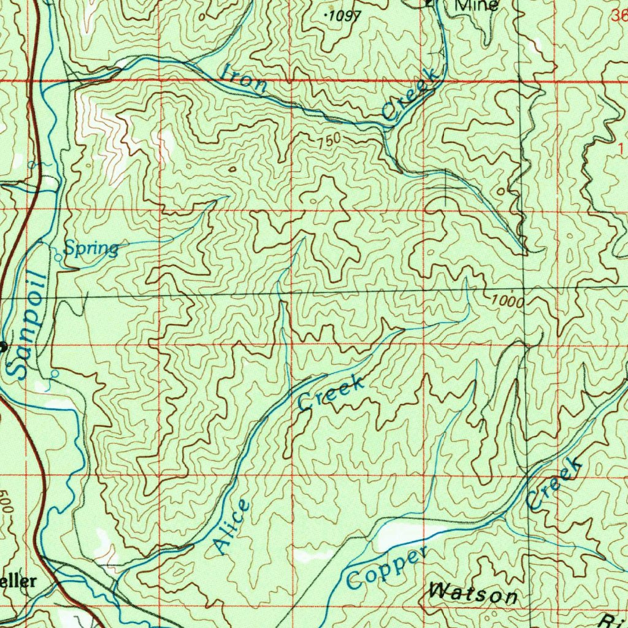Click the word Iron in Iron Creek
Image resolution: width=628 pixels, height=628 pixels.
click(244, 78)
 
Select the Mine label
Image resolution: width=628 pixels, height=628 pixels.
click(477, 6)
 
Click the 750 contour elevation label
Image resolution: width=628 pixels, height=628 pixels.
click(329, 141)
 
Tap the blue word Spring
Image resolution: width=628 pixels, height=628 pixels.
click(91, 248)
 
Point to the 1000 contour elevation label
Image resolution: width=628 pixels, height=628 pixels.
click(507, 302)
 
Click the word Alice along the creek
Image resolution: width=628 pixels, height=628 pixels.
click(232, 527)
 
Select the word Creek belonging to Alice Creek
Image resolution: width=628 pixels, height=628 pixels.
click(331, 394)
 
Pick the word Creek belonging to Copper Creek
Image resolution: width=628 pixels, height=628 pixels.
click(553, 486)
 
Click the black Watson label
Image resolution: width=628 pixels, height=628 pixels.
click(473, 594)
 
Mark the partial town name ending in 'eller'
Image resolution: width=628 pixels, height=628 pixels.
click(18, 581)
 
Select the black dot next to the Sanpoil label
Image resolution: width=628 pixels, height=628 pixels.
click(2, 347)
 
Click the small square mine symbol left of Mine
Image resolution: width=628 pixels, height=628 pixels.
click(429, 4)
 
